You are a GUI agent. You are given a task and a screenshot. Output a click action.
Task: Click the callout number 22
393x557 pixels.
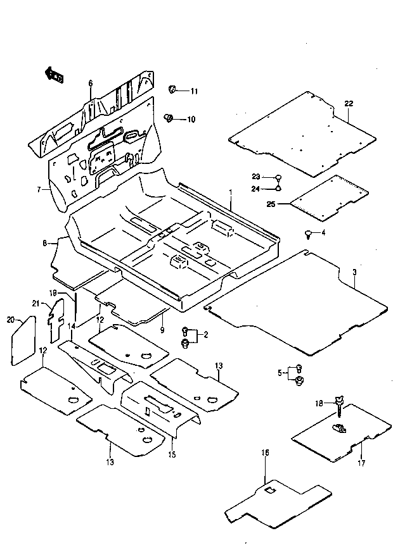point(349,104)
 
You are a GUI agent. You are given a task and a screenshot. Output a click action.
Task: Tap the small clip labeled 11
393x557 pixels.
point(172,89)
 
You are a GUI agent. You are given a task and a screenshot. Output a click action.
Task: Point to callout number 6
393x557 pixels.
point(91,84)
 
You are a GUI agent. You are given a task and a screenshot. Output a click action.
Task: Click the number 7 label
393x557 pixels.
point(39,190)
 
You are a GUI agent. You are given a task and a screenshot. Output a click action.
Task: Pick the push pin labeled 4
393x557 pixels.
point(308,234)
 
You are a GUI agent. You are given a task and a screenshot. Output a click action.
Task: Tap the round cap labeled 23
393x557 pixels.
point(278,177)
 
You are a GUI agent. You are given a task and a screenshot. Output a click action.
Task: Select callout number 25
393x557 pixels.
point(271,204)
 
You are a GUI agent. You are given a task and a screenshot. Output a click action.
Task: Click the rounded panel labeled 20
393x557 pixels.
point(23,341)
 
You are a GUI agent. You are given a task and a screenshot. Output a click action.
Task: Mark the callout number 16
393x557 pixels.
point(266,453)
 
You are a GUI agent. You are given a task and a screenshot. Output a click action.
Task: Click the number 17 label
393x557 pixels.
point(361,463)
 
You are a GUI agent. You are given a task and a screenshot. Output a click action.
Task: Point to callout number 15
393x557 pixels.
point(172,454)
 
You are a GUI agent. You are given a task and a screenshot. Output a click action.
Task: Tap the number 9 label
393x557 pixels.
point(162,330)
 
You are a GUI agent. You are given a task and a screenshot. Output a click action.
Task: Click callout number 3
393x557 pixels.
point(354,272)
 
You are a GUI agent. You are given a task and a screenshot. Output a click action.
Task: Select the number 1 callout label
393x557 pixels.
point(231,193)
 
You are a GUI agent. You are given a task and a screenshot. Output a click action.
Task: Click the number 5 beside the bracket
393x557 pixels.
point(280,373)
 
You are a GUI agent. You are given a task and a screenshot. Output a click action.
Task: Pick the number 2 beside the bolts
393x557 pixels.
point(206,335)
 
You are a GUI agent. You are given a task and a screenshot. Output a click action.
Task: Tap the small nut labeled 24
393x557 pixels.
point(278,187)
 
